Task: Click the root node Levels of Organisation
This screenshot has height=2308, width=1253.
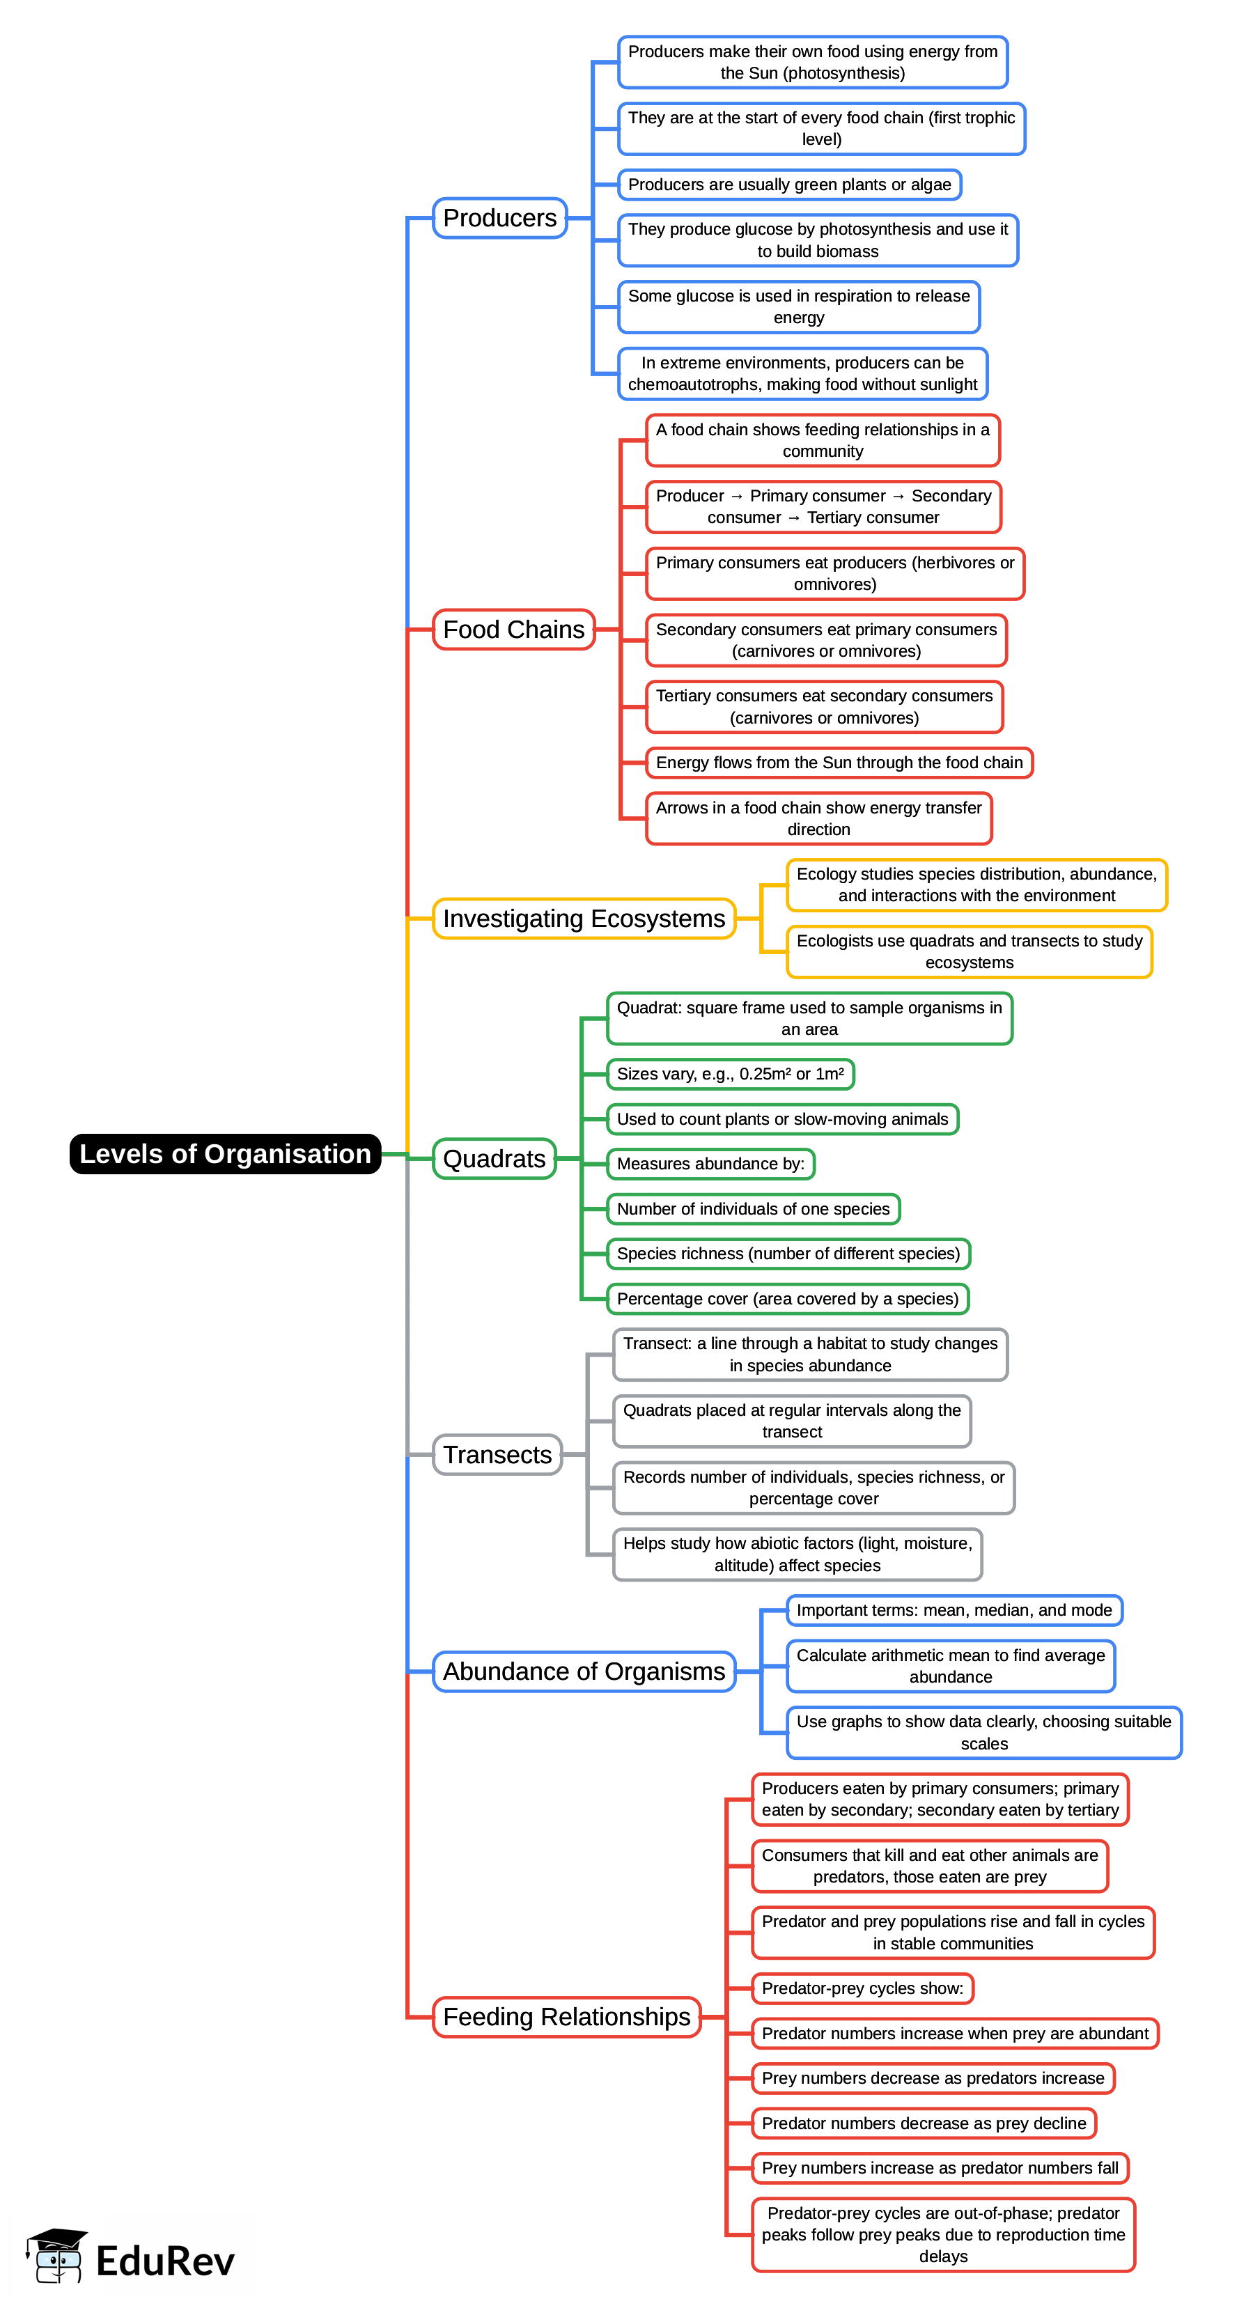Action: click(225, 1153)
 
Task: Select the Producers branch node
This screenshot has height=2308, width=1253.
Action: click(499, 218)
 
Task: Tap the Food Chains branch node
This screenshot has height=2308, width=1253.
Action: click(513, 629)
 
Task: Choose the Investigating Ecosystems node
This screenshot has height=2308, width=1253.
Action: click(584, 919)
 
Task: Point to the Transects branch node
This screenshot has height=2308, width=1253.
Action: click(497, 1454)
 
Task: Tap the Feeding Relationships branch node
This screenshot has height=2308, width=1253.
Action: click(566, 2016)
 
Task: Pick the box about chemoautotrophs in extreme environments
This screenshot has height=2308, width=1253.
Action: click(802, 373)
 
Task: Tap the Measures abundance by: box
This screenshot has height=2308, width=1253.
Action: click(710, 1164)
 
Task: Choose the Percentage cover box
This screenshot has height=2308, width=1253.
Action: click(787, 1298)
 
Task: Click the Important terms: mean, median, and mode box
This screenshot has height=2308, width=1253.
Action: click(954, 1610)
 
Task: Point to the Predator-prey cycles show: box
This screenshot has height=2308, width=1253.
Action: click(862, 1988)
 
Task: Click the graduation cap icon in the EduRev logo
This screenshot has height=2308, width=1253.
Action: click(57, 2254)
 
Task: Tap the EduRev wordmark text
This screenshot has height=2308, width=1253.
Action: click(165, 2261)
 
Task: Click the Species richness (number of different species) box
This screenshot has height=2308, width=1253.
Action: click(788, 1254)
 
